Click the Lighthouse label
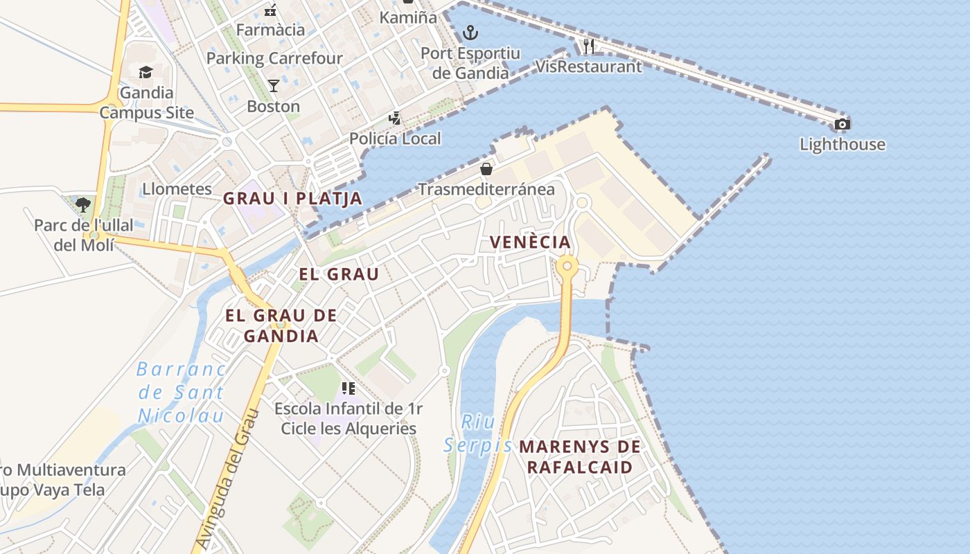click(x=843, y=145)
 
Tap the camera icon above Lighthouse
click(x=843, y=125)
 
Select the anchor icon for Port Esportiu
click(x=470, y=32)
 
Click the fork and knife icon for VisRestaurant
click(x=589, y=46)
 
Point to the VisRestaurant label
click(x=589, y=66)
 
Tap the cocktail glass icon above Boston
click(x=274, y=86)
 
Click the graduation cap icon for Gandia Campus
click(x=145, y=72)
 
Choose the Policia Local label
click(x=395, y=138)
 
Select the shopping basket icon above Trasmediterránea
click(x=486, y=169)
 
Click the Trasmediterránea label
click(x=486, y=189)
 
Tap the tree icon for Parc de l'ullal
click(x=83, y=204)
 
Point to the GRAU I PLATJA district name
click(x=292, y=199)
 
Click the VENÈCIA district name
click(x=530, y=242)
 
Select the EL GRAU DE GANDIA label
click(x=281, y=326)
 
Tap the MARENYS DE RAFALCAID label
click(x=580, y=457)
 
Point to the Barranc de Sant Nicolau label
click(x=181, y=392)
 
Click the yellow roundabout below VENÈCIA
click(x=567, y=265)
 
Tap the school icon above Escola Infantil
click(x=349, y=388)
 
